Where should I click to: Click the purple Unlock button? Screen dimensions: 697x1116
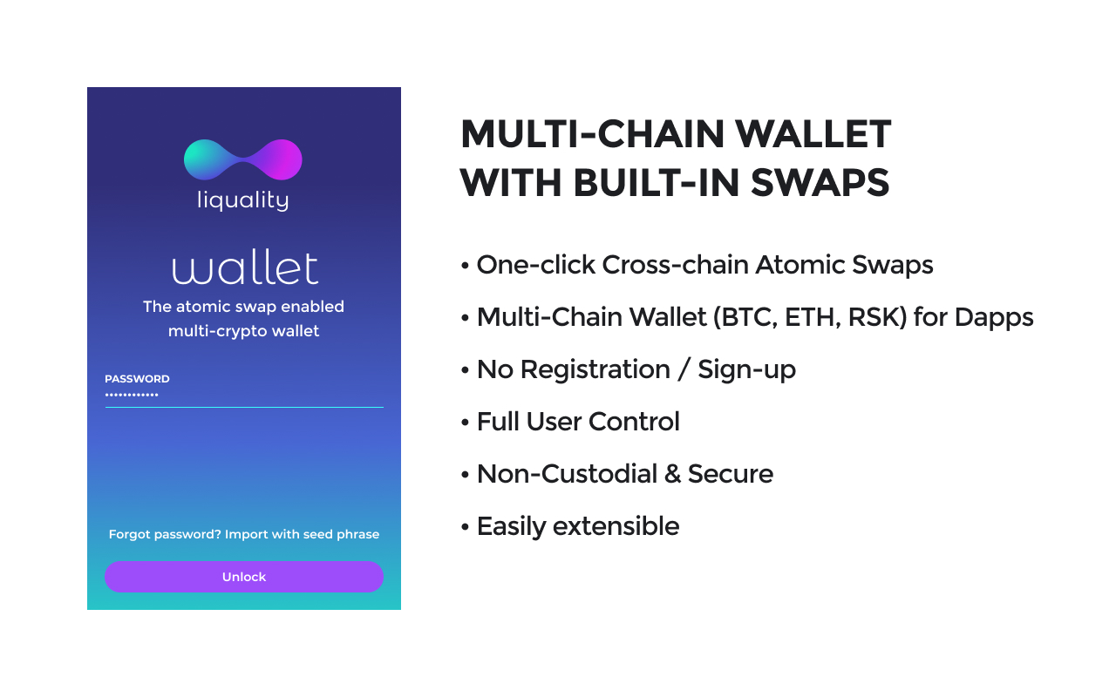tap(243, 577)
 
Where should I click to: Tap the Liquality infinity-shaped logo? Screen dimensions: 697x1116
tap(243, 160)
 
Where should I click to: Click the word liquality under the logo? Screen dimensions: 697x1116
tap(243, 200)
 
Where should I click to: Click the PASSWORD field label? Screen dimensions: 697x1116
tap(137, 379)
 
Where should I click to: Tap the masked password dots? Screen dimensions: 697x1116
tap(132, 396)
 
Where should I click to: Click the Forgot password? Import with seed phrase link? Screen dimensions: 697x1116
tap(243, 534)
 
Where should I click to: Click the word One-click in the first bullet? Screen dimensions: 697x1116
tap(535, 265)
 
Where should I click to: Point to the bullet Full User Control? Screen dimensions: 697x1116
tap(577, 422)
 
